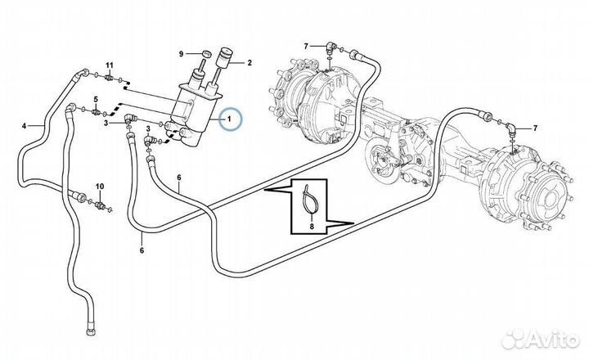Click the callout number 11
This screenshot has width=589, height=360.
[x=109, y=64]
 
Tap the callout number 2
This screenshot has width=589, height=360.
[x=249, y=62]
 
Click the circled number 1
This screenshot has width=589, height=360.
[x=230, y=121]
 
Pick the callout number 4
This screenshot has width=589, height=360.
[x=25, y=125]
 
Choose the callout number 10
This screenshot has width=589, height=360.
[x=100, y=187]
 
